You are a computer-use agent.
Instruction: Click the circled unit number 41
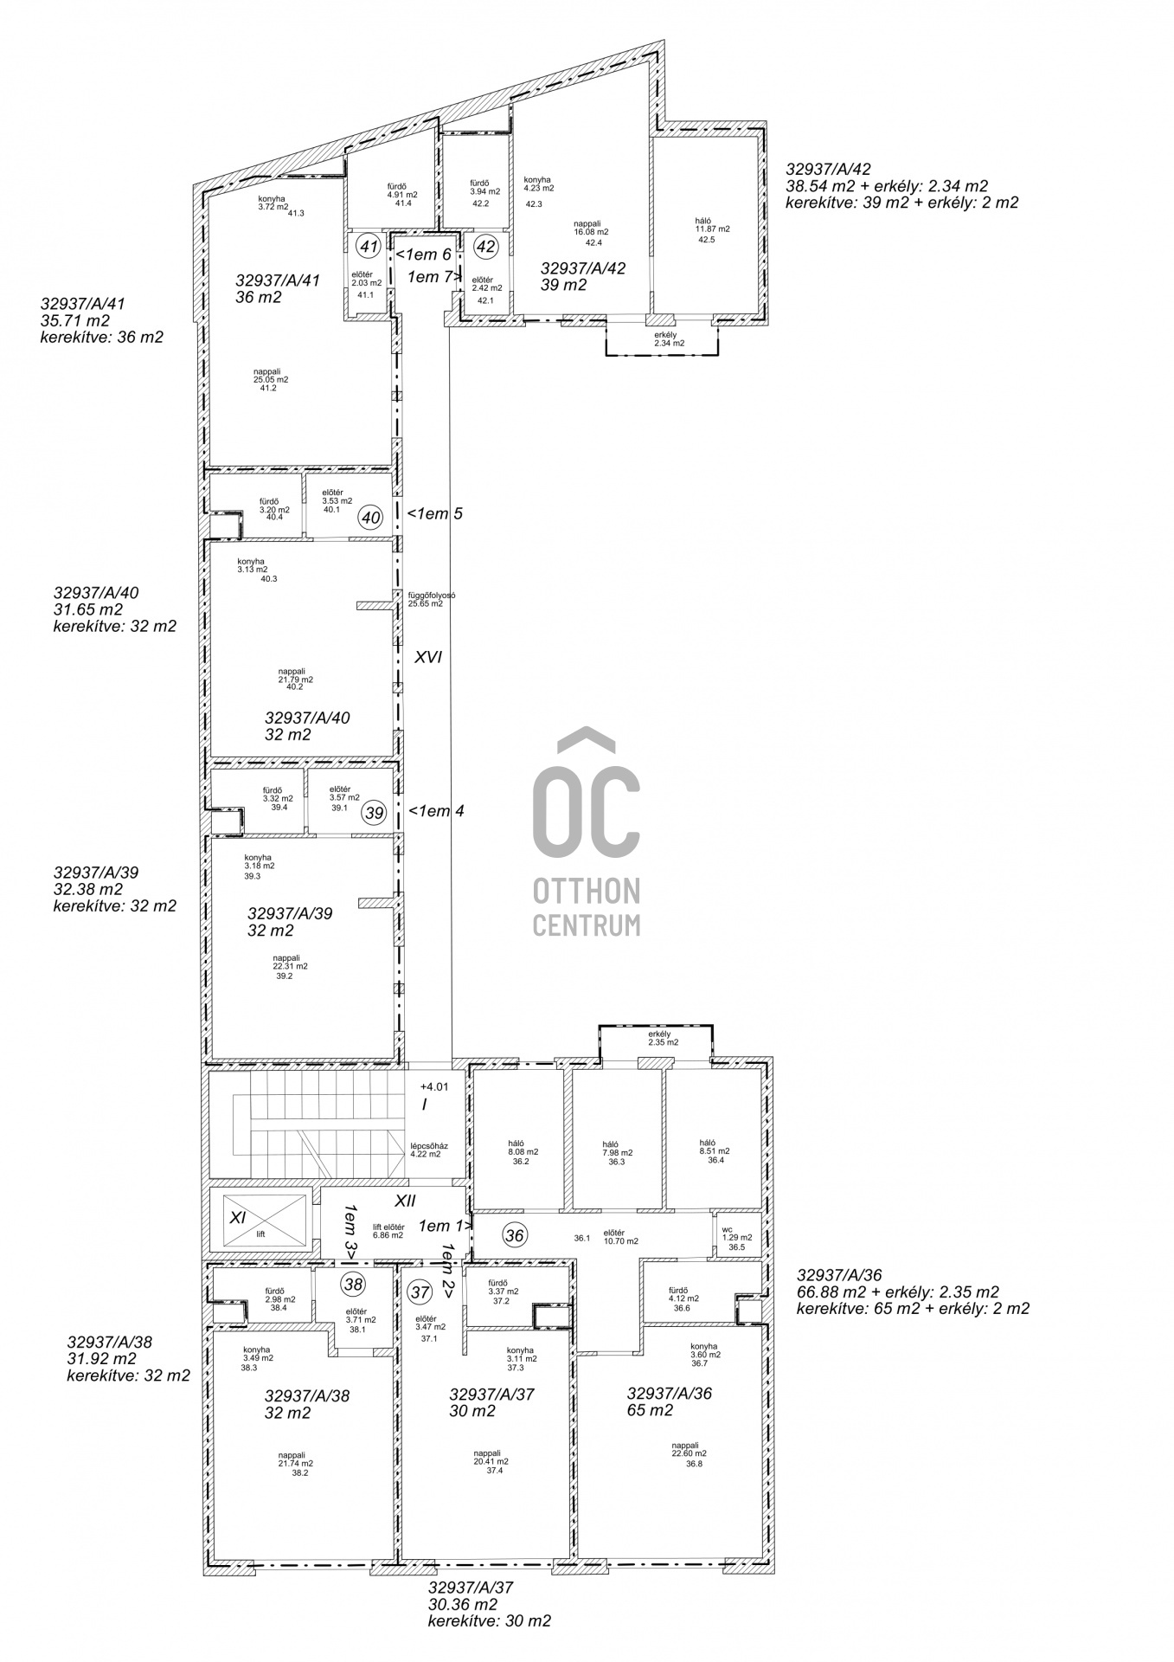coord(369,247)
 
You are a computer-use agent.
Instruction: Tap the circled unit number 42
coord(486,247)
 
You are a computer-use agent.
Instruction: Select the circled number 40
coord(371,518)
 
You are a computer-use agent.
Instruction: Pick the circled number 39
coord(375,813)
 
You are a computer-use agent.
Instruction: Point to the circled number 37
coord(420,1293)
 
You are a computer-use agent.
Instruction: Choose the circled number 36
coord(515,1235)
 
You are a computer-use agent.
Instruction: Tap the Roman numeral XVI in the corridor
coord(428,657)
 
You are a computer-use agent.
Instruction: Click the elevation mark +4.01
coord(434,1086)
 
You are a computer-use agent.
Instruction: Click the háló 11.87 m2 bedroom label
coord(713,229)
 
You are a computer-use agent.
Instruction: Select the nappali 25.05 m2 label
coord(271,378)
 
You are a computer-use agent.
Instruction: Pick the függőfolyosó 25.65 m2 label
coord(432,599)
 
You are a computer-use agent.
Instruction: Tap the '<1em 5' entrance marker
coord(436,513)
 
